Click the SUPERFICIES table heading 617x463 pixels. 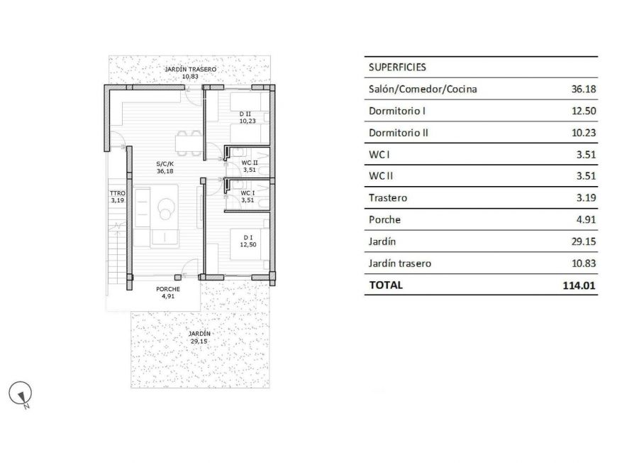coord(397,67)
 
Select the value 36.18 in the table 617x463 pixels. coord(584,89)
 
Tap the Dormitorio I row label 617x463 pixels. coord(396,111)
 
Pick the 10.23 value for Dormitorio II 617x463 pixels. coord(584,133)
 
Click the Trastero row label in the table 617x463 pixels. coord(388,198)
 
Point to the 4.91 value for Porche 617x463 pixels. coord(586,220)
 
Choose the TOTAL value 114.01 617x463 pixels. coord(579,285)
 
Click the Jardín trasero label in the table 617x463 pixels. coord(399,263)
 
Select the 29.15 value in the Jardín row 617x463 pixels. coord(584,241)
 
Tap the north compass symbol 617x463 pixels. coord(21,394)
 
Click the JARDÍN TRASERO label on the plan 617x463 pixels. coord(191,70)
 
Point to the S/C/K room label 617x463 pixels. coord(165,163)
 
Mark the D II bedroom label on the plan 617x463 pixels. coord(245,114)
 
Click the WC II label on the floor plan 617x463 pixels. coord(250,163)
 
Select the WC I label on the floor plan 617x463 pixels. coord(248,193)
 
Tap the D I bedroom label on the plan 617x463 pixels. coord(248,238)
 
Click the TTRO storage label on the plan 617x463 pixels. coord(117,193)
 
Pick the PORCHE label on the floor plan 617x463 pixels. coord(168,289)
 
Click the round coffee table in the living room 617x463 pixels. coord(166,207)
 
